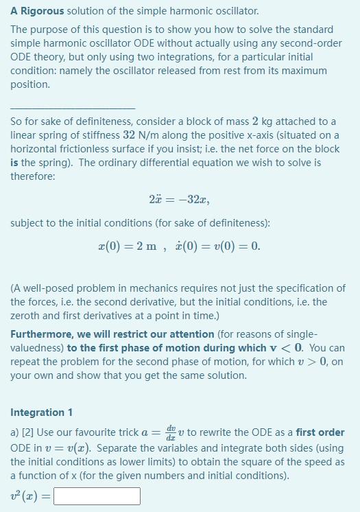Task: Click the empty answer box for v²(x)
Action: click(97, 496)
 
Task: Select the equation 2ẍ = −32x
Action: click(178, 200)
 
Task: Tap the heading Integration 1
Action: click(41, 412)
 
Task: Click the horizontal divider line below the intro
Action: click(73, 107)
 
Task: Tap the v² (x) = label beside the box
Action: click(30, 496)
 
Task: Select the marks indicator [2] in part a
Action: click(27, 432)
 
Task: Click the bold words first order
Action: click(320, 432)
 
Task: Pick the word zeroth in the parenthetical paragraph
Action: click(26, 316)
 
